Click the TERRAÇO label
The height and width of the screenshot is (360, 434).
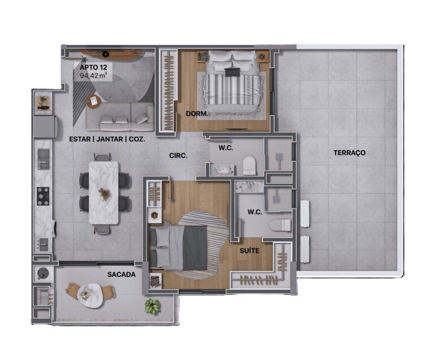349,153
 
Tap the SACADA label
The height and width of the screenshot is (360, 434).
121,275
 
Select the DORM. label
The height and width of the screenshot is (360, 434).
197,114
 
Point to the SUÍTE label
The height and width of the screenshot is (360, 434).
249,251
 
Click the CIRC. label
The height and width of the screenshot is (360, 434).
178,156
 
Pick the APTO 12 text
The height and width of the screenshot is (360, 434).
93,67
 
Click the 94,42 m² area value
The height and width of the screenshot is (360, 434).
93,75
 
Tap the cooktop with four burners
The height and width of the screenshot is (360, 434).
43,196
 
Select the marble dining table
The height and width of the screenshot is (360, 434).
104,193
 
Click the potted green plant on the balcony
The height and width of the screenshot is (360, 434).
152,306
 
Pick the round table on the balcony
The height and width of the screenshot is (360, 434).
90,296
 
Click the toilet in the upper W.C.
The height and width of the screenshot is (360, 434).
250,166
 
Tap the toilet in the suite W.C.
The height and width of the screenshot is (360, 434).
280,225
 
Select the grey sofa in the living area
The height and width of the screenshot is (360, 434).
120,116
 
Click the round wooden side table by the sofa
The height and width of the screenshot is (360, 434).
94,101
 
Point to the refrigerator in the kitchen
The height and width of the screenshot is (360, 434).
45,127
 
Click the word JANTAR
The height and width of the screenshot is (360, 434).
110,139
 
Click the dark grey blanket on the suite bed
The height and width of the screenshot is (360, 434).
194,248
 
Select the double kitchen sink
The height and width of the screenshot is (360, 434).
44,159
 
